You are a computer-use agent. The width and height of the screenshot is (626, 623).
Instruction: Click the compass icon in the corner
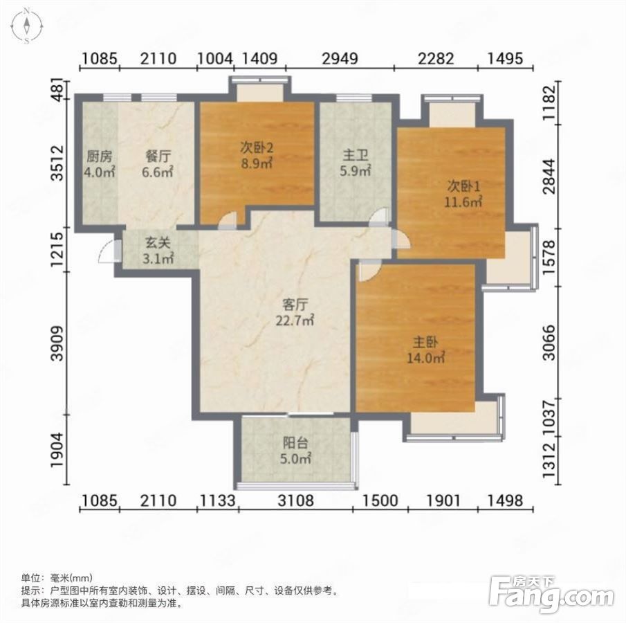(26, 26)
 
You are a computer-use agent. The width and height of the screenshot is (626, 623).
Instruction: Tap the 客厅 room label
(295, 312)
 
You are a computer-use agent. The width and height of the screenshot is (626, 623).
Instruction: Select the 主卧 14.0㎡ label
(425, 350)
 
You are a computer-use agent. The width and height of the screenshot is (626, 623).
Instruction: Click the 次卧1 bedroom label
(463, 194)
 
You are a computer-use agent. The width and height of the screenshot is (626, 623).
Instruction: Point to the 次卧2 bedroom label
(257, 156)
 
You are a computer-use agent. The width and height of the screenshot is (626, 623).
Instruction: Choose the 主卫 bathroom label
(356, 163)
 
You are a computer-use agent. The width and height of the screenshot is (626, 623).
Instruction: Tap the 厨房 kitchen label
(100, 164)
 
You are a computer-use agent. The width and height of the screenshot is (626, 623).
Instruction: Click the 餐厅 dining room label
(158, 164)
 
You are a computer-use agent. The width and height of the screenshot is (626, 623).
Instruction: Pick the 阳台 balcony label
(295, 451)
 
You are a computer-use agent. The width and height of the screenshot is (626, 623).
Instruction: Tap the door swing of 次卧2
(228, 221)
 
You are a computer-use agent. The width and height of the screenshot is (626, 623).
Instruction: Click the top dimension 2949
(340, 59)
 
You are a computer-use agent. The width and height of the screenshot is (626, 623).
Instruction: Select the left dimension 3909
(58, 343)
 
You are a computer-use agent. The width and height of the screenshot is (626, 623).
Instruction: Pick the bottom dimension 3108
(296, 500)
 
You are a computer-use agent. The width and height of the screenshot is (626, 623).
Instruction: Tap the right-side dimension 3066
(550, 342)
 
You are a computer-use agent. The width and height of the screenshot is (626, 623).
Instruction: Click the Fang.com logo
(551, 594)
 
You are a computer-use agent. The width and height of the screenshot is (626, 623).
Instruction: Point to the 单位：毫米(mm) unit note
(57, 577)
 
